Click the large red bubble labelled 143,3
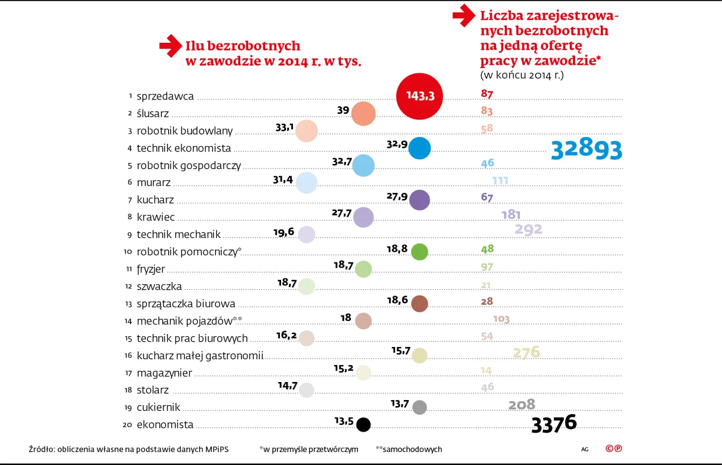(x=419, y=96)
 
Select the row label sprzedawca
(x=165, y=96)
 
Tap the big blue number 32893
(x=586, y=149)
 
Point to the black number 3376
(x=554, y=424)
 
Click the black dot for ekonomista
(x=364, y=424)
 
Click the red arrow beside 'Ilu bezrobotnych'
(x=171, y=46)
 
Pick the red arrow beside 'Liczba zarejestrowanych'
(x=464, y=15)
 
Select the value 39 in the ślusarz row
(x=343, y=110)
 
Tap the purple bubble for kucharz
(x=419, y=200)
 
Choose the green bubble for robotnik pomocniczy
(x=419, y=252)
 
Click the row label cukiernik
(x=158, y=407)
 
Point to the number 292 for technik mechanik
(x=528, y=229)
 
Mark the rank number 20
(x=127, y=425)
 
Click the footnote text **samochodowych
(x=409, y=449)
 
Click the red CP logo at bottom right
(x=613, y=449)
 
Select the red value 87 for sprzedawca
(x=487, y=94)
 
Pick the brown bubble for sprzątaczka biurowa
(x=419, y=304)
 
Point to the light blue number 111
(x=500, y=180)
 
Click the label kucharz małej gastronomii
(x=200, y=356)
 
